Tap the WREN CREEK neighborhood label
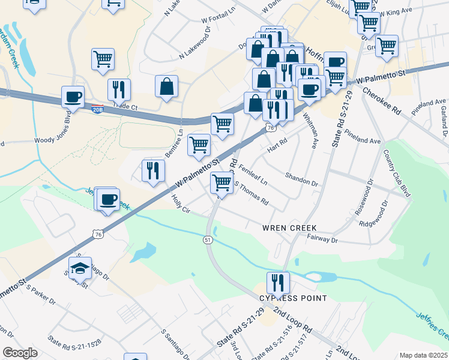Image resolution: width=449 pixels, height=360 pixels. point(289,228)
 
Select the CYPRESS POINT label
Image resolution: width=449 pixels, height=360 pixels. point(293,298)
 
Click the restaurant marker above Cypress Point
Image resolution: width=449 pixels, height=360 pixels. point(278,282)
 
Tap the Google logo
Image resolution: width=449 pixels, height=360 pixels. point(20,353)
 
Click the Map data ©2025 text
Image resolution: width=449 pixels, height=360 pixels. point(423,355)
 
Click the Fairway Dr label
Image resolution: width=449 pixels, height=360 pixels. point(323,239)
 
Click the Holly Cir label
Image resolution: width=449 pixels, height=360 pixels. point(181,204)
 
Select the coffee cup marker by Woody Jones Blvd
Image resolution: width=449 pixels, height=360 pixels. point(73,97)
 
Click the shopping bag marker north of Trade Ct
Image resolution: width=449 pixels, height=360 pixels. point(166,86)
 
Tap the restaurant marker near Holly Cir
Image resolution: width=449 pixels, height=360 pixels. point(153,170)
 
